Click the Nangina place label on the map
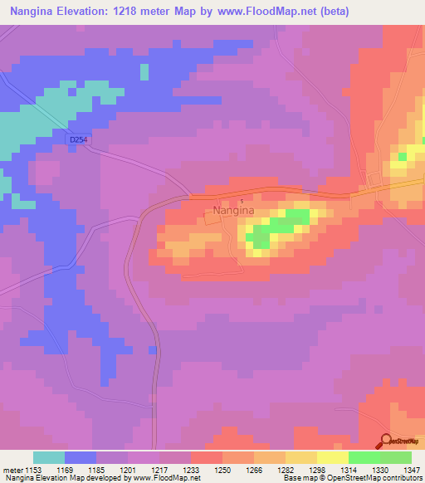[x=232, y=211]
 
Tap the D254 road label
[x=78, y=139]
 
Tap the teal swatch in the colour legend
[x=49, y=456]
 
